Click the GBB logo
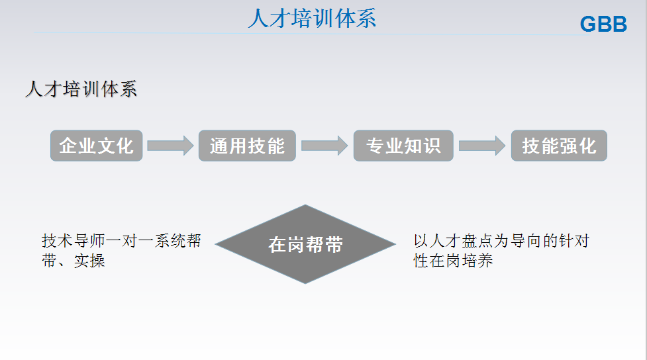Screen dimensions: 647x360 (603, 24)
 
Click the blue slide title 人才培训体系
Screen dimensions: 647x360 (312, 19)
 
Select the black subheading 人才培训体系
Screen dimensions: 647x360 (81, 89)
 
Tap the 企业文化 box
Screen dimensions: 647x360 (97, 146)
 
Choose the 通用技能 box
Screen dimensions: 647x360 (247, 146)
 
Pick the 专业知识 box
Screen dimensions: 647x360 (403, 146)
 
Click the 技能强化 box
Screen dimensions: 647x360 (559, 146)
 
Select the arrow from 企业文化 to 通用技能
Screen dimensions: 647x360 (170, 146)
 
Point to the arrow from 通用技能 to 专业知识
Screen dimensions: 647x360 (324, 146)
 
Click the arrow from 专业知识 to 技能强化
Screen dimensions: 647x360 (482, 146)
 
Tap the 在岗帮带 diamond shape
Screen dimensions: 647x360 (305, 244)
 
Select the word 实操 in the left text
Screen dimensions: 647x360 (89, 261)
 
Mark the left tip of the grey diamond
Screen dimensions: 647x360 (215, 244)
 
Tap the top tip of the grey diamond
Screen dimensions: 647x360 (305, 205)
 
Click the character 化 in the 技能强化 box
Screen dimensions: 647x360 (587, 146)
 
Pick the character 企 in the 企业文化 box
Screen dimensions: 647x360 (68, 146)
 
